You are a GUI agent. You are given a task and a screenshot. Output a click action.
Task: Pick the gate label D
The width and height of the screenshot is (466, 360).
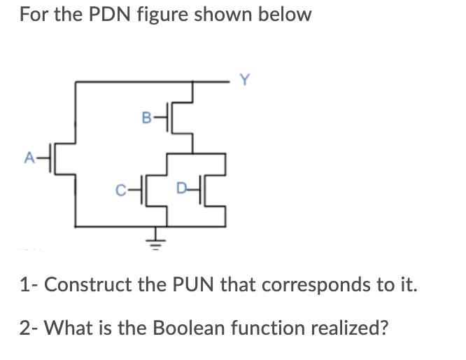coord(182,188)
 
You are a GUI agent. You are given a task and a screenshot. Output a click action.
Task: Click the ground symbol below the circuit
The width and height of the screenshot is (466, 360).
coord(156,242)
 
